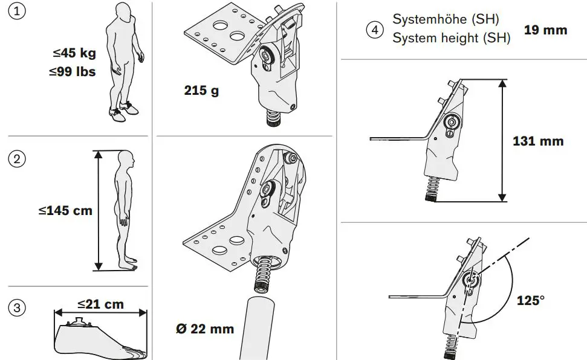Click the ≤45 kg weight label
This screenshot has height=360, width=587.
tap(74, 53)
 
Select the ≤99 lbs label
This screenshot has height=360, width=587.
tap(73, 72)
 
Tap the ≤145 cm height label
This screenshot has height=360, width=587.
tap(65, 211)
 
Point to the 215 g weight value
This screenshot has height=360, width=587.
tap(201, 91)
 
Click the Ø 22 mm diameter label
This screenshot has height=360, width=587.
tap(203, 329)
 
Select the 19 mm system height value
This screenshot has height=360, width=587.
tap(545, 30)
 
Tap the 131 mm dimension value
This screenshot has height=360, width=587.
tap(537, 141)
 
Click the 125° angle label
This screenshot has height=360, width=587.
tap(531, 300)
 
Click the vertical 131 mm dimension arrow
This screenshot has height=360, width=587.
tap(502, 140)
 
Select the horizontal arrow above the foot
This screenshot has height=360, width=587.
tap(100, 313)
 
